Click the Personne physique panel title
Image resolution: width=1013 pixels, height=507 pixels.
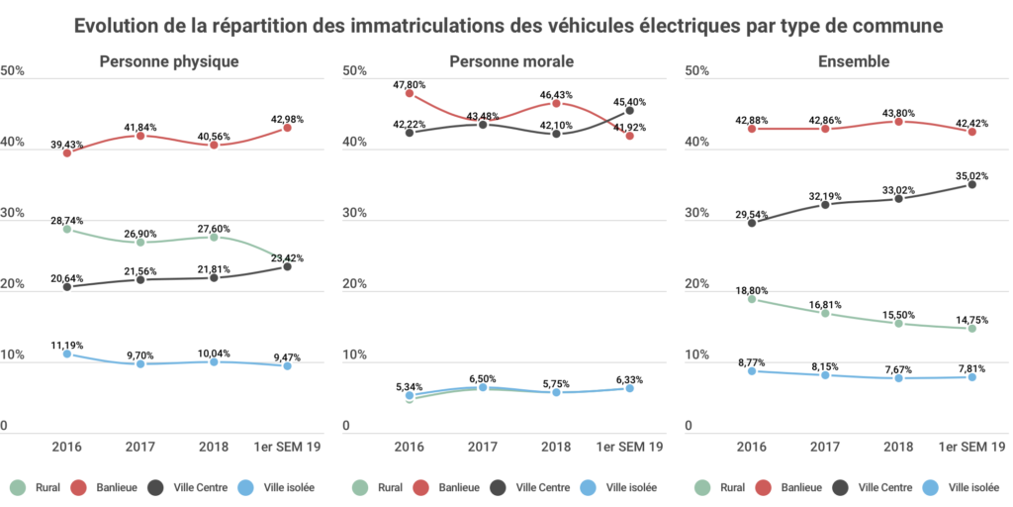(169, 61)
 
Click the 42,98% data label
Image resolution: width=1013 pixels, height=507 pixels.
(287, 119)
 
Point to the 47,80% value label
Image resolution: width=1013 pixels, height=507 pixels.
(409, 84)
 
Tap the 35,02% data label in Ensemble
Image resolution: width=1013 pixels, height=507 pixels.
(972, 175)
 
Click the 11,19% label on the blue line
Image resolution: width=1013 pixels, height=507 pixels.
(66, 345)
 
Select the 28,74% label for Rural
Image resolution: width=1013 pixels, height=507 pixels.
(66, 219)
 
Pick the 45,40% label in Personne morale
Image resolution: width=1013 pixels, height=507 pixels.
(631, 101)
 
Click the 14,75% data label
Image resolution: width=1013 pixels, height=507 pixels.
(972, 319)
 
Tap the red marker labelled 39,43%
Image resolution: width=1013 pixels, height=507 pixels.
(67, 152)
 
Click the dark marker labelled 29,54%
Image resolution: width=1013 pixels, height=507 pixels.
(752, 223)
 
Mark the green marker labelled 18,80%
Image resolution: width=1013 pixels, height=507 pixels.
(752, 298)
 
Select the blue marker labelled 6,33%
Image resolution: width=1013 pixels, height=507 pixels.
(629, 388)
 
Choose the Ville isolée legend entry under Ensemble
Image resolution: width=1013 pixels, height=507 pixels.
(962, 487)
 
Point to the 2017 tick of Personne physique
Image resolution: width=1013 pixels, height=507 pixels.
(140, 446)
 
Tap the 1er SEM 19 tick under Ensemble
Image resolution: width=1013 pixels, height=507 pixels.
(972, 446)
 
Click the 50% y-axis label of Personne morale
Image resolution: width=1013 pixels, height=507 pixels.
(355, 71)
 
